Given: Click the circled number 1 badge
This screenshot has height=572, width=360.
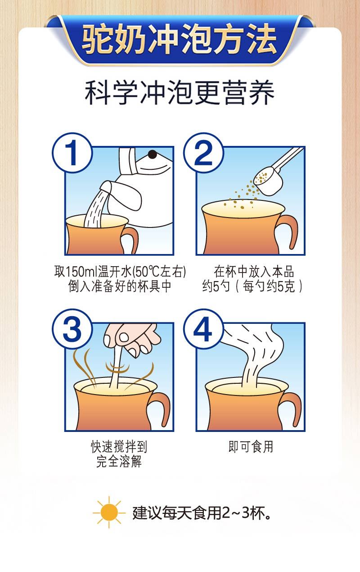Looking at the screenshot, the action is [72, 153].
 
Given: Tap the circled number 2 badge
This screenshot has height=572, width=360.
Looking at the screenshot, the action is [203, 153].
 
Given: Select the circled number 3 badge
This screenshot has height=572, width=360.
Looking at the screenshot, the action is [72, 329].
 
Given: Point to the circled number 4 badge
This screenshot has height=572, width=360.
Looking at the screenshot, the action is [203, 329].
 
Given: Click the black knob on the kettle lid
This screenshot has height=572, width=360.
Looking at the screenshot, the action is [152, 154].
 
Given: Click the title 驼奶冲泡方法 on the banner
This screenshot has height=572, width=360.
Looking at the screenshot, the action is [180, 39].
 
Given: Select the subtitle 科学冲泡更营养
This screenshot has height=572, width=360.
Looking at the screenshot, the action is [180, 92].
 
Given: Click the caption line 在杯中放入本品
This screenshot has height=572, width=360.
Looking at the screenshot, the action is [254, 272].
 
